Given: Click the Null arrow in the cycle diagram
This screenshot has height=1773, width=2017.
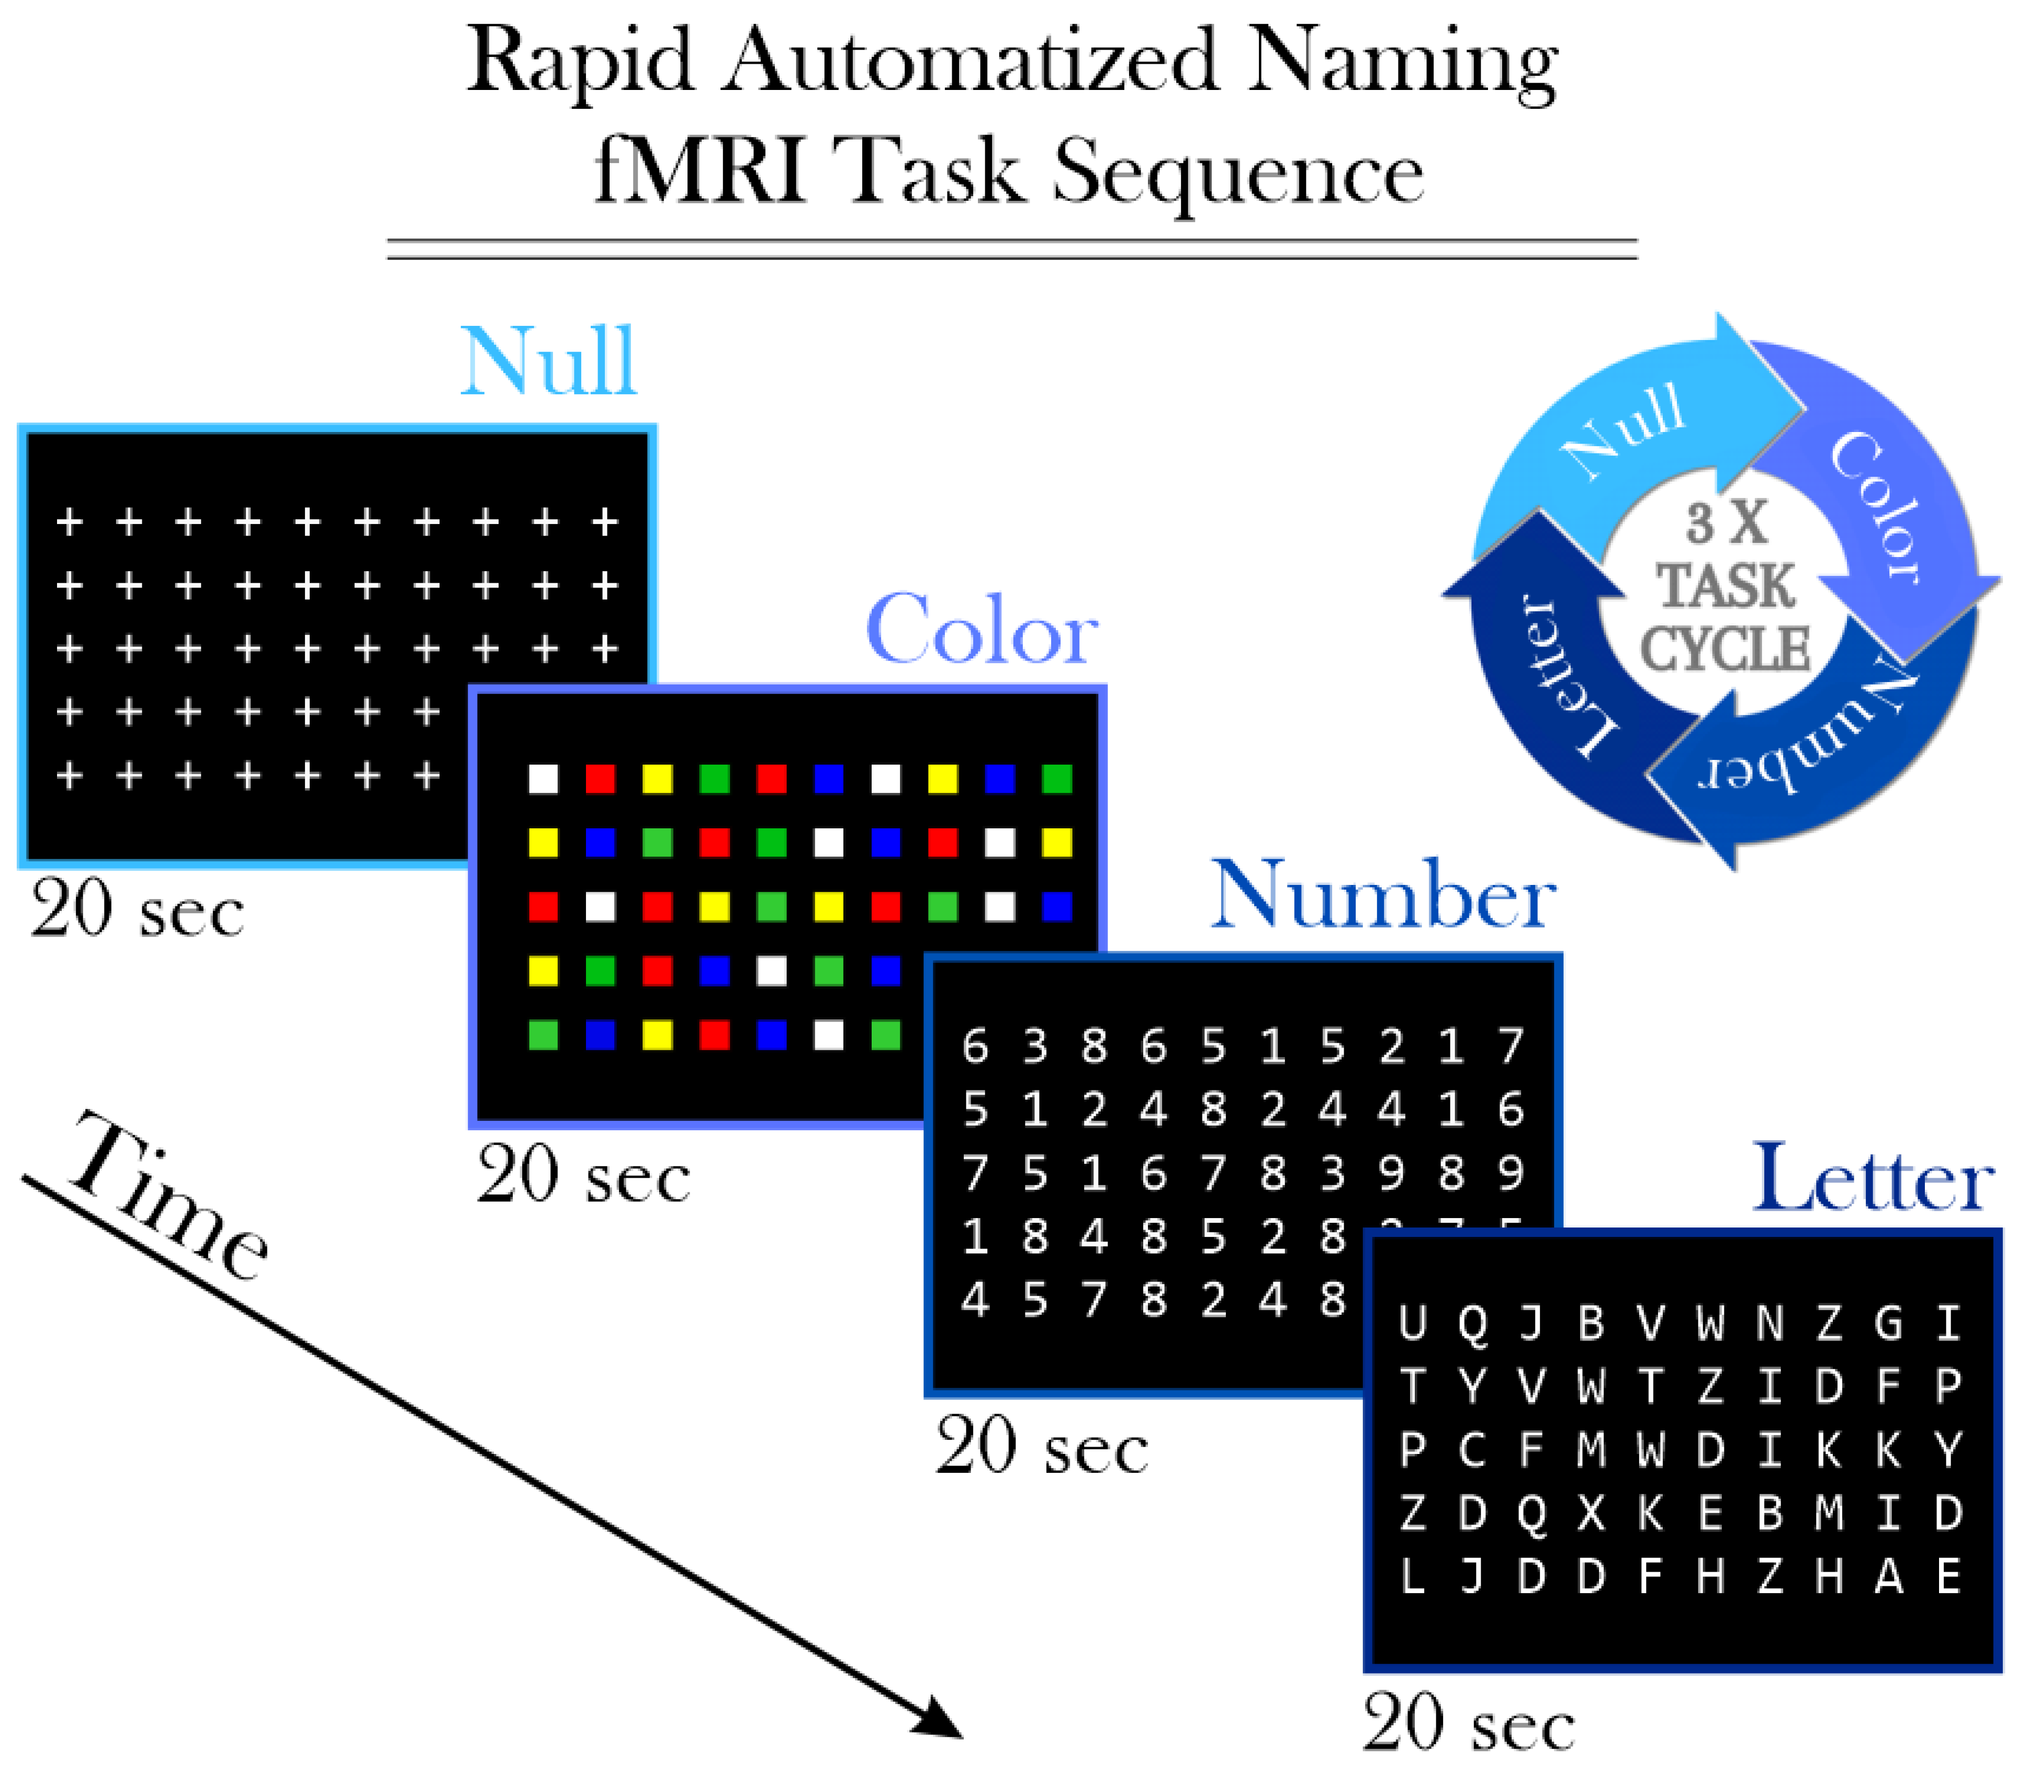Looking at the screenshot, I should (1628, 434).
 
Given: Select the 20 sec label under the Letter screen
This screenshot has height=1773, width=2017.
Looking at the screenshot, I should (1468, 1724).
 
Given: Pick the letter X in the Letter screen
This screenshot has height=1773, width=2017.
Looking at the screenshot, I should (1591, 1513).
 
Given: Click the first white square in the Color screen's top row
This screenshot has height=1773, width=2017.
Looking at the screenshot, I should (543, 779).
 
